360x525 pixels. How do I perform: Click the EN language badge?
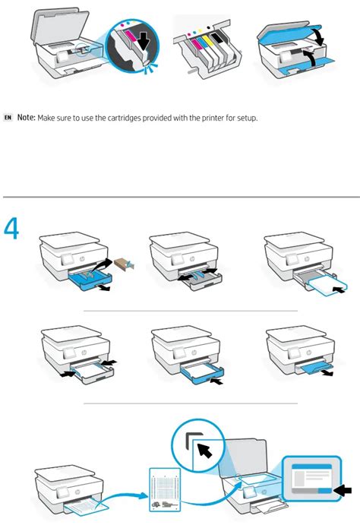click(x=8, y=119)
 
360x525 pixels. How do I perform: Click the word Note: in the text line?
click(x=27, y=119)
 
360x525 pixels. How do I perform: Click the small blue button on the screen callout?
click(x=324, y=491)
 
